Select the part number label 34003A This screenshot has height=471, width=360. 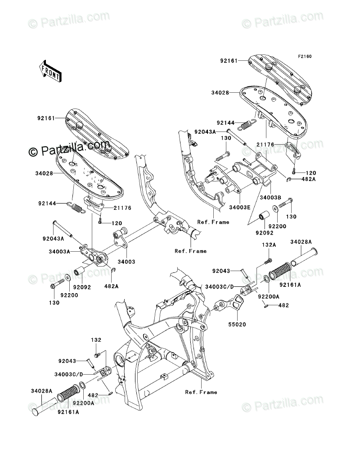pos(59,252)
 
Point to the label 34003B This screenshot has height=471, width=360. pos(270,198)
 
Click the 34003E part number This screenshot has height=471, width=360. pos(239,207)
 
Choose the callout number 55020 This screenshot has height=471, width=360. pos(237,324)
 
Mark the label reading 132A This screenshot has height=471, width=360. pos(269,245)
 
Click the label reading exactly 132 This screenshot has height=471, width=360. pos(96,340)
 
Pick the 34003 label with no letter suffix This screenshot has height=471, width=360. pos(126,262)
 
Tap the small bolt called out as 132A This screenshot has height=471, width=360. pos(268,261)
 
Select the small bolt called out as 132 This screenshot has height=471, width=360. pos(97,356)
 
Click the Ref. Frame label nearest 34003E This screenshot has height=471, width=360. pos(213,222)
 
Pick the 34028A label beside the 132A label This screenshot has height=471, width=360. pos(301,242)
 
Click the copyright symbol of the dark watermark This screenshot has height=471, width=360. pos(32,152)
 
